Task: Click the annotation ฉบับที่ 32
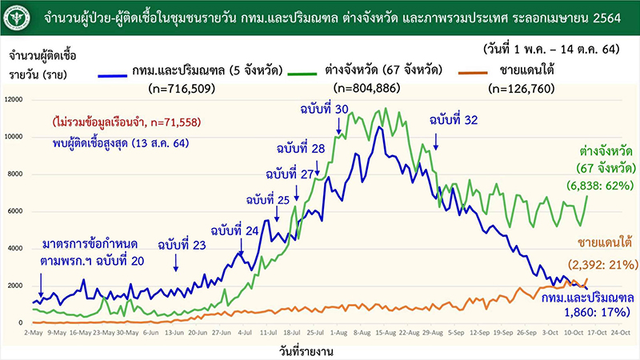[x=454, y=120]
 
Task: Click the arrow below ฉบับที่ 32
[x=436, y=142]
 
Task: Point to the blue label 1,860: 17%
[x=602, y=312]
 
